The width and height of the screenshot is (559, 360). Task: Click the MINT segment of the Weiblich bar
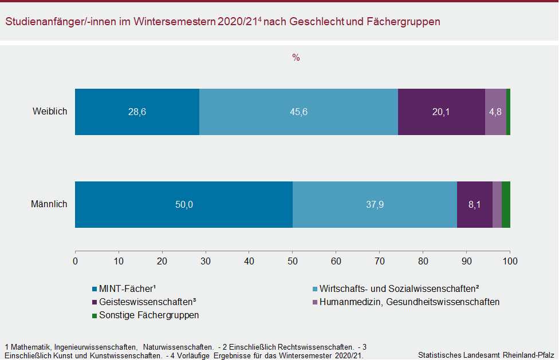[x=137, y=112]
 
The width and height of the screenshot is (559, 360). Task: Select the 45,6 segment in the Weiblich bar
[x=298, y=112]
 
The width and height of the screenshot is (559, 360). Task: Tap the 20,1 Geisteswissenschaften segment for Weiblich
[x=441, y=112]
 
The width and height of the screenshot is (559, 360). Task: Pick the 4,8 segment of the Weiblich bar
[x=495, y=112]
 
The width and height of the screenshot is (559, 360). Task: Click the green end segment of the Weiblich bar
[x=508, y=112]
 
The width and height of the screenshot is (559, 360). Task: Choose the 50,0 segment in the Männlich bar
[x=184, y=204]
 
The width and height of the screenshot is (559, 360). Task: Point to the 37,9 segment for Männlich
[x=375, y=204]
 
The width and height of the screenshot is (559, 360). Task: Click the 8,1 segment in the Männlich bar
[x=474, y=204]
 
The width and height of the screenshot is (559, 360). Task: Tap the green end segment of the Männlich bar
[x=506, y=204]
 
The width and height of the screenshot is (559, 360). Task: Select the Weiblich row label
[x=50, y=112]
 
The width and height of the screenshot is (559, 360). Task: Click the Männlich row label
[x=49, y=204]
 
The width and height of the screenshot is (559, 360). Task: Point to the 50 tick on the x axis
[x=293, y=261]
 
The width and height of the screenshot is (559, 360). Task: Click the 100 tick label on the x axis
[x=510, y=261]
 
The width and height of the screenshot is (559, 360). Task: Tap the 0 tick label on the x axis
[x=76, y=261]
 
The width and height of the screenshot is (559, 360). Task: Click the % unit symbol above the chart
[x=296, y=58]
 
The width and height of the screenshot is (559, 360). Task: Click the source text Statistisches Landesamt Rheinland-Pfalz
[x=487, y=355]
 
